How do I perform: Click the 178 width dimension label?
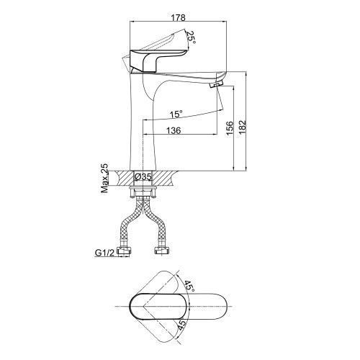[178, 18]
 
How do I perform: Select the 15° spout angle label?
[176, 114]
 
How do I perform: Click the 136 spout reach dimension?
[174, 130]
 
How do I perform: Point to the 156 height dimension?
[230, 128]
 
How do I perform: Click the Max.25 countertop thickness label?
[104, 179]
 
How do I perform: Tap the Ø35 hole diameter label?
[143, 177]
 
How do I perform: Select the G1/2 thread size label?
[105, 253]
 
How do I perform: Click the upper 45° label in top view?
[189, 286]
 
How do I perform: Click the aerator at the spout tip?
[217, 84]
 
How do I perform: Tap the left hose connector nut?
[124, 251]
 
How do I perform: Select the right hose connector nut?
[161, 251]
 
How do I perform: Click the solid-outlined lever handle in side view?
[157, 60]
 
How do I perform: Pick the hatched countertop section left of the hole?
[124, 179]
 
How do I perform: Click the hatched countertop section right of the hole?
[165, 179]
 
